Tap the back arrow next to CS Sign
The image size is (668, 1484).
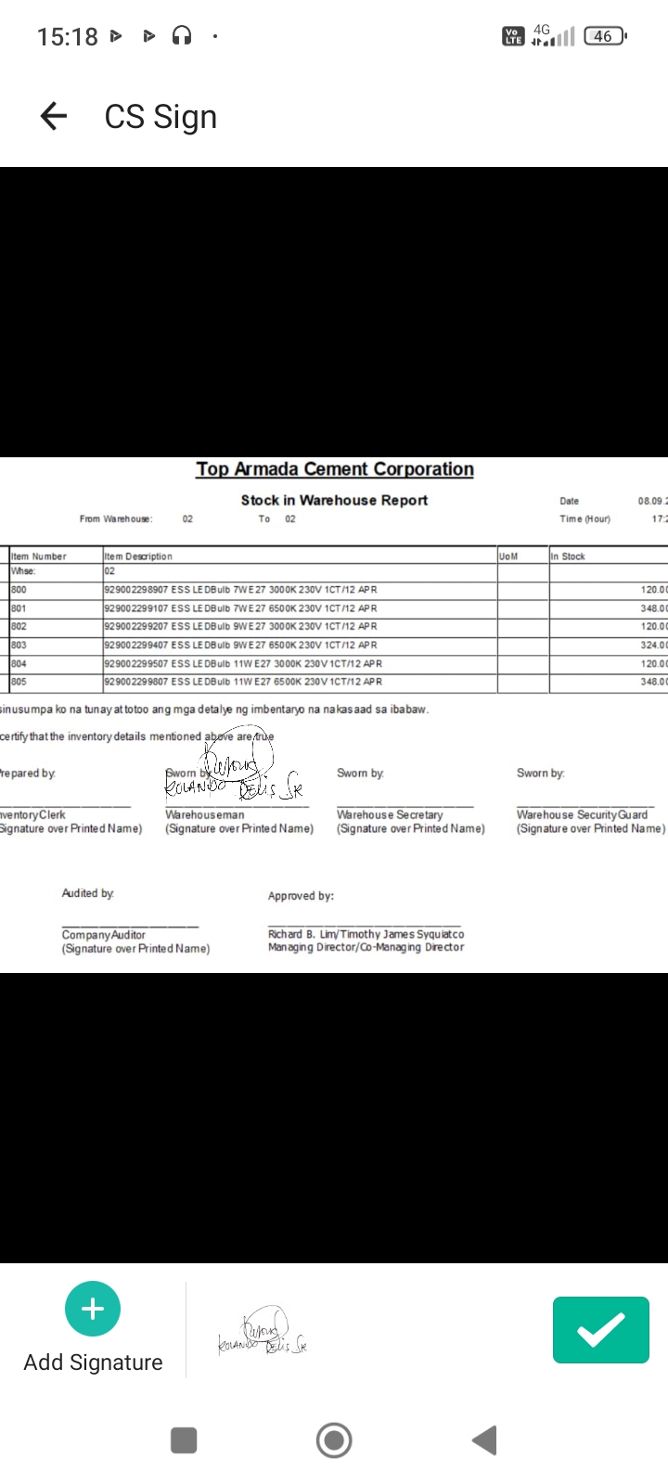pos(54,116)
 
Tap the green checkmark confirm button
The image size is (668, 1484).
pos(600,1330)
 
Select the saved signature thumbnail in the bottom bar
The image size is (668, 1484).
pos(263,1332)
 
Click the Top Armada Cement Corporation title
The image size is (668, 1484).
pos(334,469)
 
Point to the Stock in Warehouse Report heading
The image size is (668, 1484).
pos(334,500)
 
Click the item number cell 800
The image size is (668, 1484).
pos(19,590)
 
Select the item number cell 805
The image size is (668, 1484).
pos(19,682)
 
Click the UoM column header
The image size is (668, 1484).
pos(508,556)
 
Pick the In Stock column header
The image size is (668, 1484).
pos(568,556)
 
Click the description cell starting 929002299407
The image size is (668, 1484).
pos(240,645)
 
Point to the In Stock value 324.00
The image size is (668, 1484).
pos(653,645)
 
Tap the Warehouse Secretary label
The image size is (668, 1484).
pos(390,814)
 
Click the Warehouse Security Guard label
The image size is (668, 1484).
pos(582,814)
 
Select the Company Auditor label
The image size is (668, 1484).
pos(104,935)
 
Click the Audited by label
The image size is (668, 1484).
pos(88,893)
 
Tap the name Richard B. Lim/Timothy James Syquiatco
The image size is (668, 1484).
pos(366,934)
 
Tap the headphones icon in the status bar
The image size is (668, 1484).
pos(182,36)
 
